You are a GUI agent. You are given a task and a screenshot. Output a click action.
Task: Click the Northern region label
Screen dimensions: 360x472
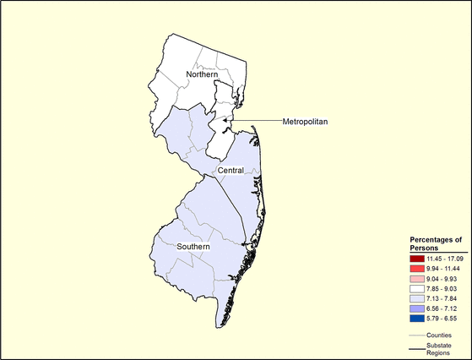coord(190,75)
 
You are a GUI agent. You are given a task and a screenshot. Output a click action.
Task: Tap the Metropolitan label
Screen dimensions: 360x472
coord(306,122)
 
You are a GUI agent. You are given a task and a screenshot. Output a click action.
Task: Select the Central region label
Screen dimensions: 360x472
coord(231,171)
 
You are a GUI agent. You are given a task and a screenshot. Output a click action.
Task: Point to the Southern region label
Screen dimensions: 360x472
coord(193,247)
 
